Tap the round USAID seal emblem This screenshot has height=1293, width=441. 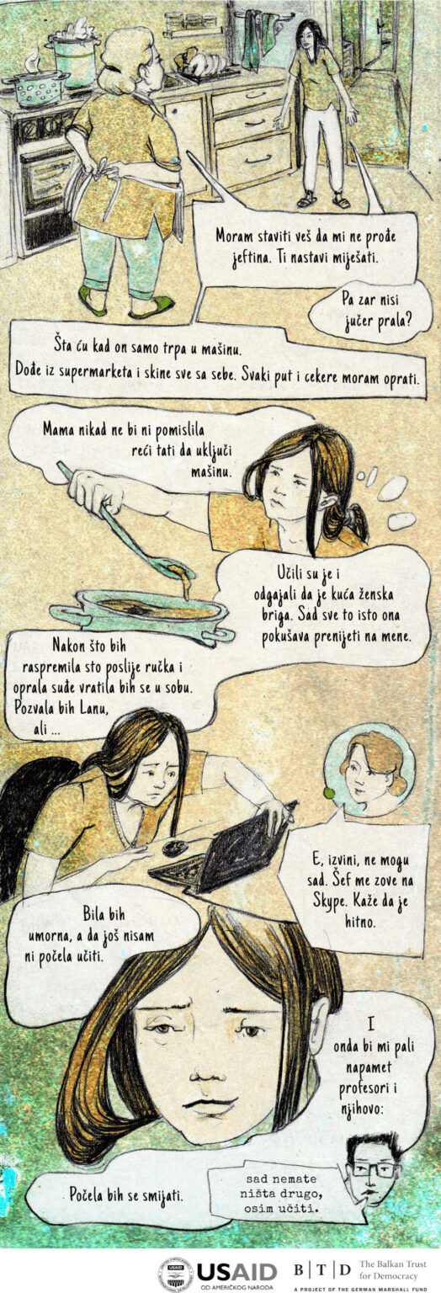tap(177, 1269)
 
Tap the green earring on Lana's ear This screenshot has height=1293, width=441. tap(330, 793)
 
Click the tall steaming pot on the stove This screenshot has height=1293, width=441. tap(74, 52)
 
